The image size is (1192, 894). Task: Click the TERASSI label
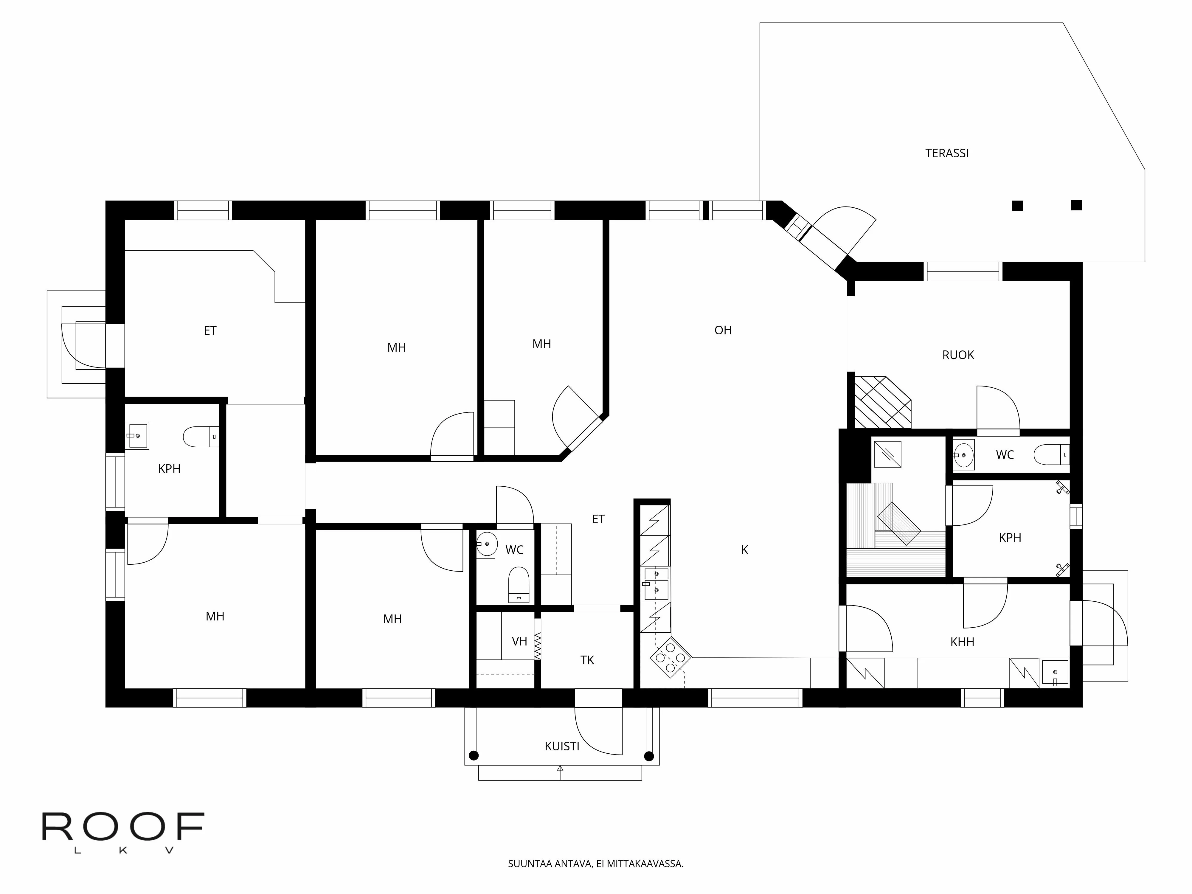947,153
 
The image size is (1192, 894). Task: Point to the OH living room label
723,330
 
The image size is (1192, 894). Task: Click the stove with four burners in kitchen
670,657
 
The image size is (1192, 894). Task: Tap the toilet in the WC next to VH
519,585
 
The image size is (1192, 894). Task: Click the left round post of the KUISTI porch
473,756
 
